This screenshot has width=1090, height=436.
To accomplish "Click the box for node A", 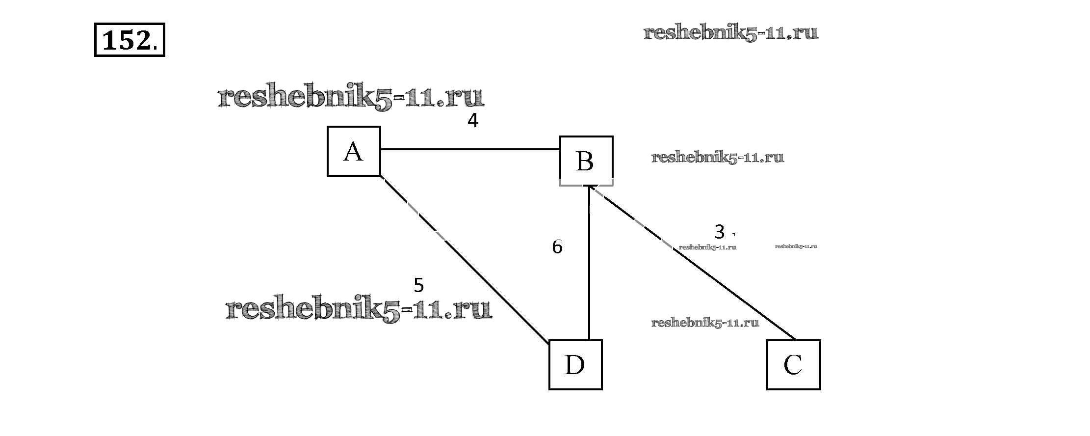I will (x=354, y=151).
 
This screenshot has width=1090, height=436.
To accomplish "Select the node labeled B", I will (x=586, y=161).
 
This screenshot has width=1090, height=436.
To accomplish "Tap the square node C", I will (x=793, y=365).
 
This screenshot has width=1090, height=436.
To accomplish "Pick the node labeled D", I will (x=575, y=365).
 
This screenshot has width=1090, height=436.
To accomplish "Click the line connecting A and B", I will (x=470, y=149).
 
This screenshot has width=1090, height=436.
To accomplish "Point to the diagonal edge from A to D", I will (x=466, y=260).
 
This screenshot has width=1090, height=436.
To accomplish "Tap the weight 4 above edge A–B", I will (x=472, y=120).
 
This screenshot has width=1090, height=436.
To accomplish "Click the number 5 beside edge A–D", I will (x=418, y=285).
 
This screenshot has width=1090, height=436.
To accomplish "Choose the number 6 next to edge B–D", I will (x=557, y=247).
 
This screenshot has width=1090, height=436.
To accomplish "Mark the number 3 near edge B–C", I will (x=719, y=231).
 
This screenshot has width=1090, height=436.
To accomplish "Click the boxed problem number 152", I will (x=130, y=40).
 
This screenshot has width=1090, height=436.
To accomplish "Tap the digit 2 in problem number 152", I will (x=142, y=40).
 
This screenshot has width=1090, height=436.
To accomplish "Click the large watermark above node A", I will (x=351, y=97).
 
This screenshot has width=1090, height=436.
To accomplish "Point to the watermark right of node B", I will (x=718, y=158).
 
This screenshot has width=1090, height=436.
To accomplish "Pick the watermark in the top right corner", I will (x=730, y=33).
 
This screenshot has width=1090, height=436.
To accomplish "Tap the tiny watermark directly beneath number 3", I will (x=707, y=247).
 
